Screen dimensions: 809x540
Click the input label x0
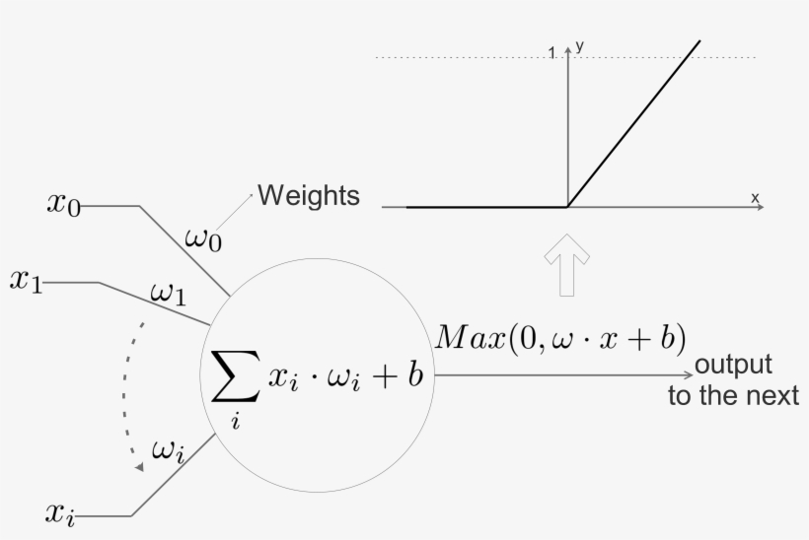tap(64, 204)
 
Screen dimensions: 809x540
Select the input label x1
tap(27, 282)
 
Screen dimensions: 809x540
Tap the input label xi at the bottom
tap(60, 514)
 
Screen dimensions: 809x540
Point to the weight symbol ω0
tap(203, 239)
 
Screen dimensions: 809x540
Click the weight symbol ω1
tap(168, 295)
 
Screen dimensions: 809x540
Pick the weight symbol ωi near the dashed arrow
tap(168, 451)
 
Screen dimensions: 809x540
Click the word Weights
tap(309, 196)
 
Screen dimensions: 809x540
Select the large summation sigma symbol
tap(236, 375)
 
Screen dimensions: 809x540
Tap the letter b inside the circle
tap(415, 374)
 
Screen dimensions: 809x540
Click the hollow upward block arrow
tap(567, 265)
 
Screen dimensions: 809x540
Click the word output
tap(733, 365)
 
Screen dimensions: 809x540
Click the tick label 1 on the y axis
tap(552, 53)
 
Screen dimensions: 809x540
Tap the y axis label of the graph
tap(580, 47)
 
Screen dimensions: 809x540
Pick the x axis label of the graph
tap(755, 197)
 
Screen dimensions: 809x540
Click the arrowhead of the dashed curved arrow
tap(139, 467)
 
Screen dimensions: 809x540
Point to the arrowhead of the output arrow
tap(689, 375)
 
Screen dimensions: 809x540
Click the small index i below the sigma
tap(236, 421)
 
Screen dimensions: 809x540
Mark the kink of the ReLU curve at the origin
tap(567, 207)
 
